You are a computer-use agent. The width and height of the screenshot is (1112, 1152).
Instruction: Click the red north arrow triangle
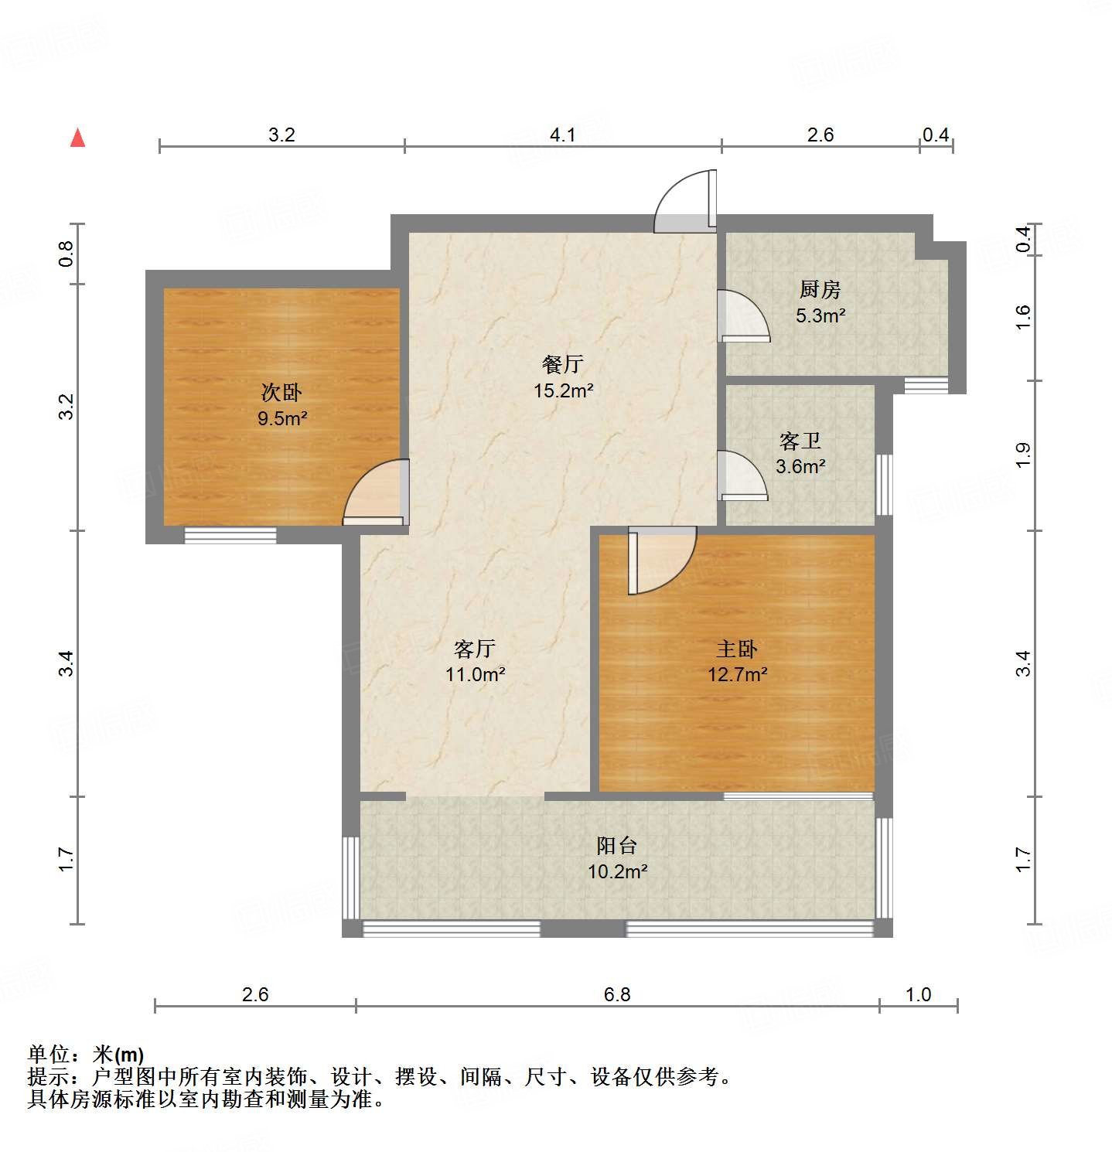click(x=77, y=138)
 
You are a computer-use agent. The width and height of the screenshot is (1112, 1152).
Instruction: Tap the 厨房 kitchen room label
click(x=820, y=290)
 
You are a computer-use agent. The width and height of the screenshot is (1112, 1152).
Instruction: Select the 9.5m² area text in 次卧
click(x=282, y=419)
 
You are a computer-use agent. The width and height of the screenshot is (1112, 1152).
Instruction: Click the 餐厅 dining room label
click(x=563, y=364)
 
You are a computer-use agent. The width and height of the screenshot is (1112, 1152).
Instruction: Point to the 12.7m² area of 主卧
click(x=737, y=675)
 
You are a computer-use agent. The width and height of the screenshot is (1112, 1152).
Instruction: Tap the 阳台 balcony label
click(x=617, y=846)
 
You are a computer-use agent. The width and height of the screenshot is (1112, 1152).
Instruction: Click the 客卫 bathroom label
click(x=800, y=441)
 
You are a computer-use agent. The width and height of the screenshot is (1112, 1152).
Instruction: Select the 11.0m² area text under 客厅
click(x=475, y=675)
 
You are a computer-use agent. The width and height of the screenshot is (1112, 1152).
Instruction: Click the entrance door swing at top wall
click(x=684, y=203)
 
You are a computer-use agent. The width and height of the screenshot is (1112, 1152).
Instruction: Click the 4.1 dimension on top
click(x=562, y=135)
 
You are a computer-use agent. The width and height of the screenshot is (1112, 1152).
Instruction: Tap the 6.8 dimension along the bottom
click(x=616, y=995)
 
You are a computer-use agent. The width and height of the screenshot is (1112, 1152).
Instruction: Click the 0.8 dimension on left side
click(x=67, y=254)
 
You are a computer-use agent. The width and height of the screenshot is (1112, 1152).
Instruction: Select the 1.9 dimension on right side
click(x=1022, y=455)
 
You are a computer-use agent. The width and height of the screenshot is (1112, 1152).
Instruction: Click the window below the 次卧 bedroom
click(x=230, y=535)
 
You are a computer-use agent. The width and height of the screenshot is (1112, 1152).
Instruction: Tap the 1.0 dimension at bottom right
click(x=918, y=995)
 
